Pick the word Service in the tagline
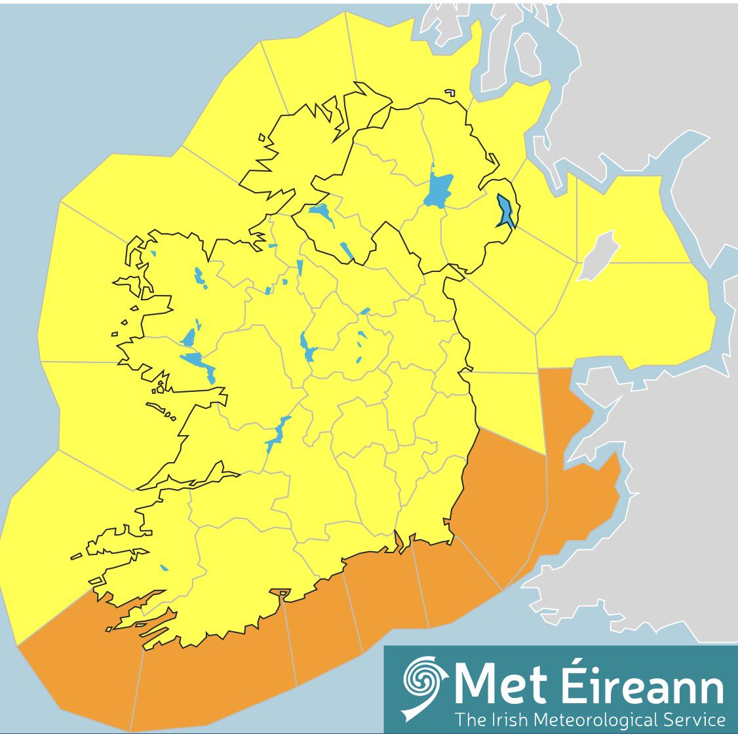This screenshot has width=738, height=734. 694,719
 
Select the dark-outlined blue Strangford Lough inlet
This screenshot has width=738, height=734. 505,211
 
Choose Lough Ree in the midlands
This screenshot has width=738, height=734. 307,346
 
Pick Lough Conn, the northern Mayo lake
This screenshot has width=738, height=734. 199,277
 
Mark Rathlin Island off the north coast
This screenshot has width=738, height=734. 450,93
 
